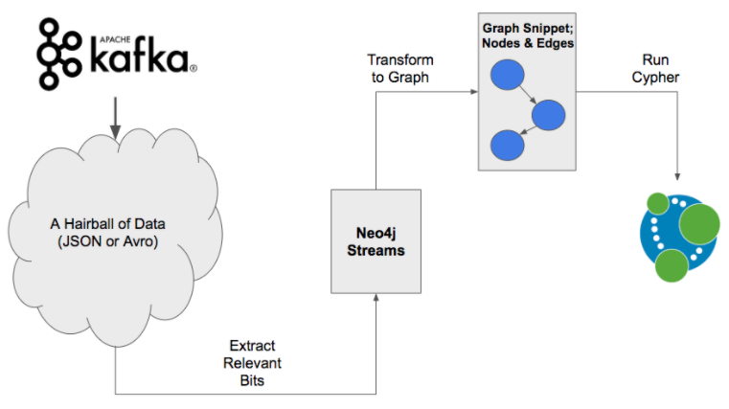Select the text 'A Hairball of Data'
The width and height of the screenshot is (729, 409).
[x=115, y=224]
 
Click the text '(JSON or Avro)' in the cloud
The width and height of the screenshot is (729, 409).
[x=114, y=241]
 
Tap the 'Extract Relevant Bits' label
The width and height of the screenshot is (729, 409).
[x=252, y=361]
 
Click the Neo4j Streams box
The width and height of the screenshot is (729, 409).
[x=376, y=240]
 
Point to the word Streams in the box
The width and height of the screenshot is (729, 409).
[x=376, y=250]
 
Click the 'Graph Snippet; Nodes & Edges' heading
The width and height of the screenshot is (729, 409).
[x=528, y=35]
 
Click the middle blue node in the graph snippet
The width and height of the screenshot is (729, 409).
[x=549, y=114]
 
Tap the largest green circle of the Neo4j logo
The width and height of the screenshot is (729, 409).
[x=699, y=223]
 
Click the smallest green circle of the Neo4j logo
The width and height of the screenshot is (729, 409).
[x=657, y=202]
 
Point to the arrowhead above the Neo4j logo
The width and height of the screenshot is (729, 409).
[x=678, y=178]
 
